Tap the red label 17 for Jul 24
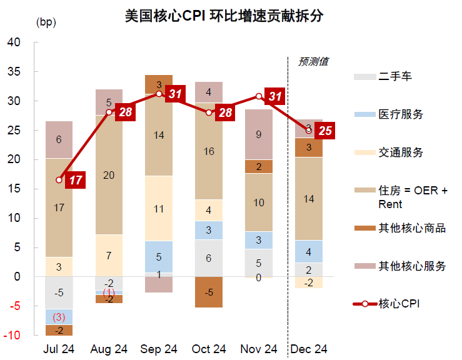(76, 180)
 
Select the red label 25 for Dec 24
(325, 131)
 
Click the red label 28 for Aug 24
(126, 112)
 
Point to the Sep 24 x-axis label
(159, 349)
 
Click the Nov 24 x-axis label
(259, 349)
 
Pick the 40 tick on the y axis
(14, 42)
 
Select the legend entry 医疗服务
(401, 114)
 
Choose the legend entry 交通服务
(401, 152)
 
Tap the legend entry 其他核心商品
(412, 228)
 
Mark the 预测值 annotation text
(313, 61)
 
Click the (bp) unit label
(46, 22)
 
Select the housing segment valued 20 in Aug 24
(109, 175)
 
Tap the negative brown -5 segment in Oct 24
(209, 292)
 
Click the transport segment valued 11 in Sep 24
(159, 208)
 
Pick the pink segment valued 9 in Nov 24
(259, 134)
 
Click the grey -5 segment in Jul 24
(59, 292)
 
